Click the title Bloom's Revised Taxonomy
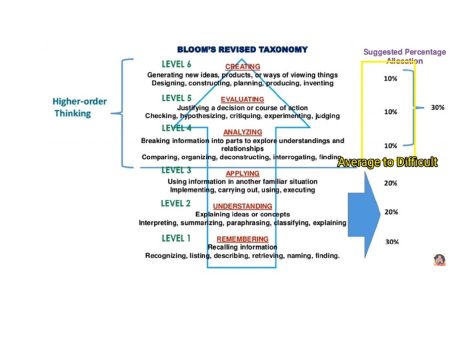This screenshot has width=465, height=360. [x=242, y=50]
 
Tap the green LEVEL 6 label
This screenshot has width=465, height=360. [x=176, y=64]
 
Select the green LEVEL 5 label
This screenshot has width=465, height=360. [x=176, y=98]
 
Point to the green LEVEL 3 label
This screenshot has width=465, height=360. [x=176, y=171]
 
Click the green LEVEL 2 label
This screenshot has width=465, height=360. [x=176, y=203]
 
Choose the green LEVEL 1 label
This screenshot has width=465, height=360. [x=176, y=238]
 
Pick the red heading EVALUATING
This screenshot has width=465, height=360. [x=242, y=100]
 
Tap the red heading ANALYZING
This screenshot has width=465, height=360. [x=242, y=132]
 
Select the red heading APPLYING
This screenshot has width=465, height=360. [x=242, y=174]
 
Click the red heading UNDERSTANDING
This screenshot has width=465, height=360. [x=242, y=207]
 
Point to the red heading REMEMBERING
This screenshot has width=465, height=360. [x=242, y=239]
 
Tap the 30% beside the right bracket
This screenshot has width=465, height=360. [x=437, y=107]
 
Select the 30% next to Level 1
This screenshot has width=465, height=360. [x=392, y=242]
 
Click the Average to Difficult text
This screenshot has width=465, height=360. [x=387, y=162]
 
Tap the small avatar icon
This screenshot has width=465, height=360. [x=440, y=260]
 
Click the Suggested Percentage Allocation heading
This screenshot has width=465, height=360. [x=404, y=56]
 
